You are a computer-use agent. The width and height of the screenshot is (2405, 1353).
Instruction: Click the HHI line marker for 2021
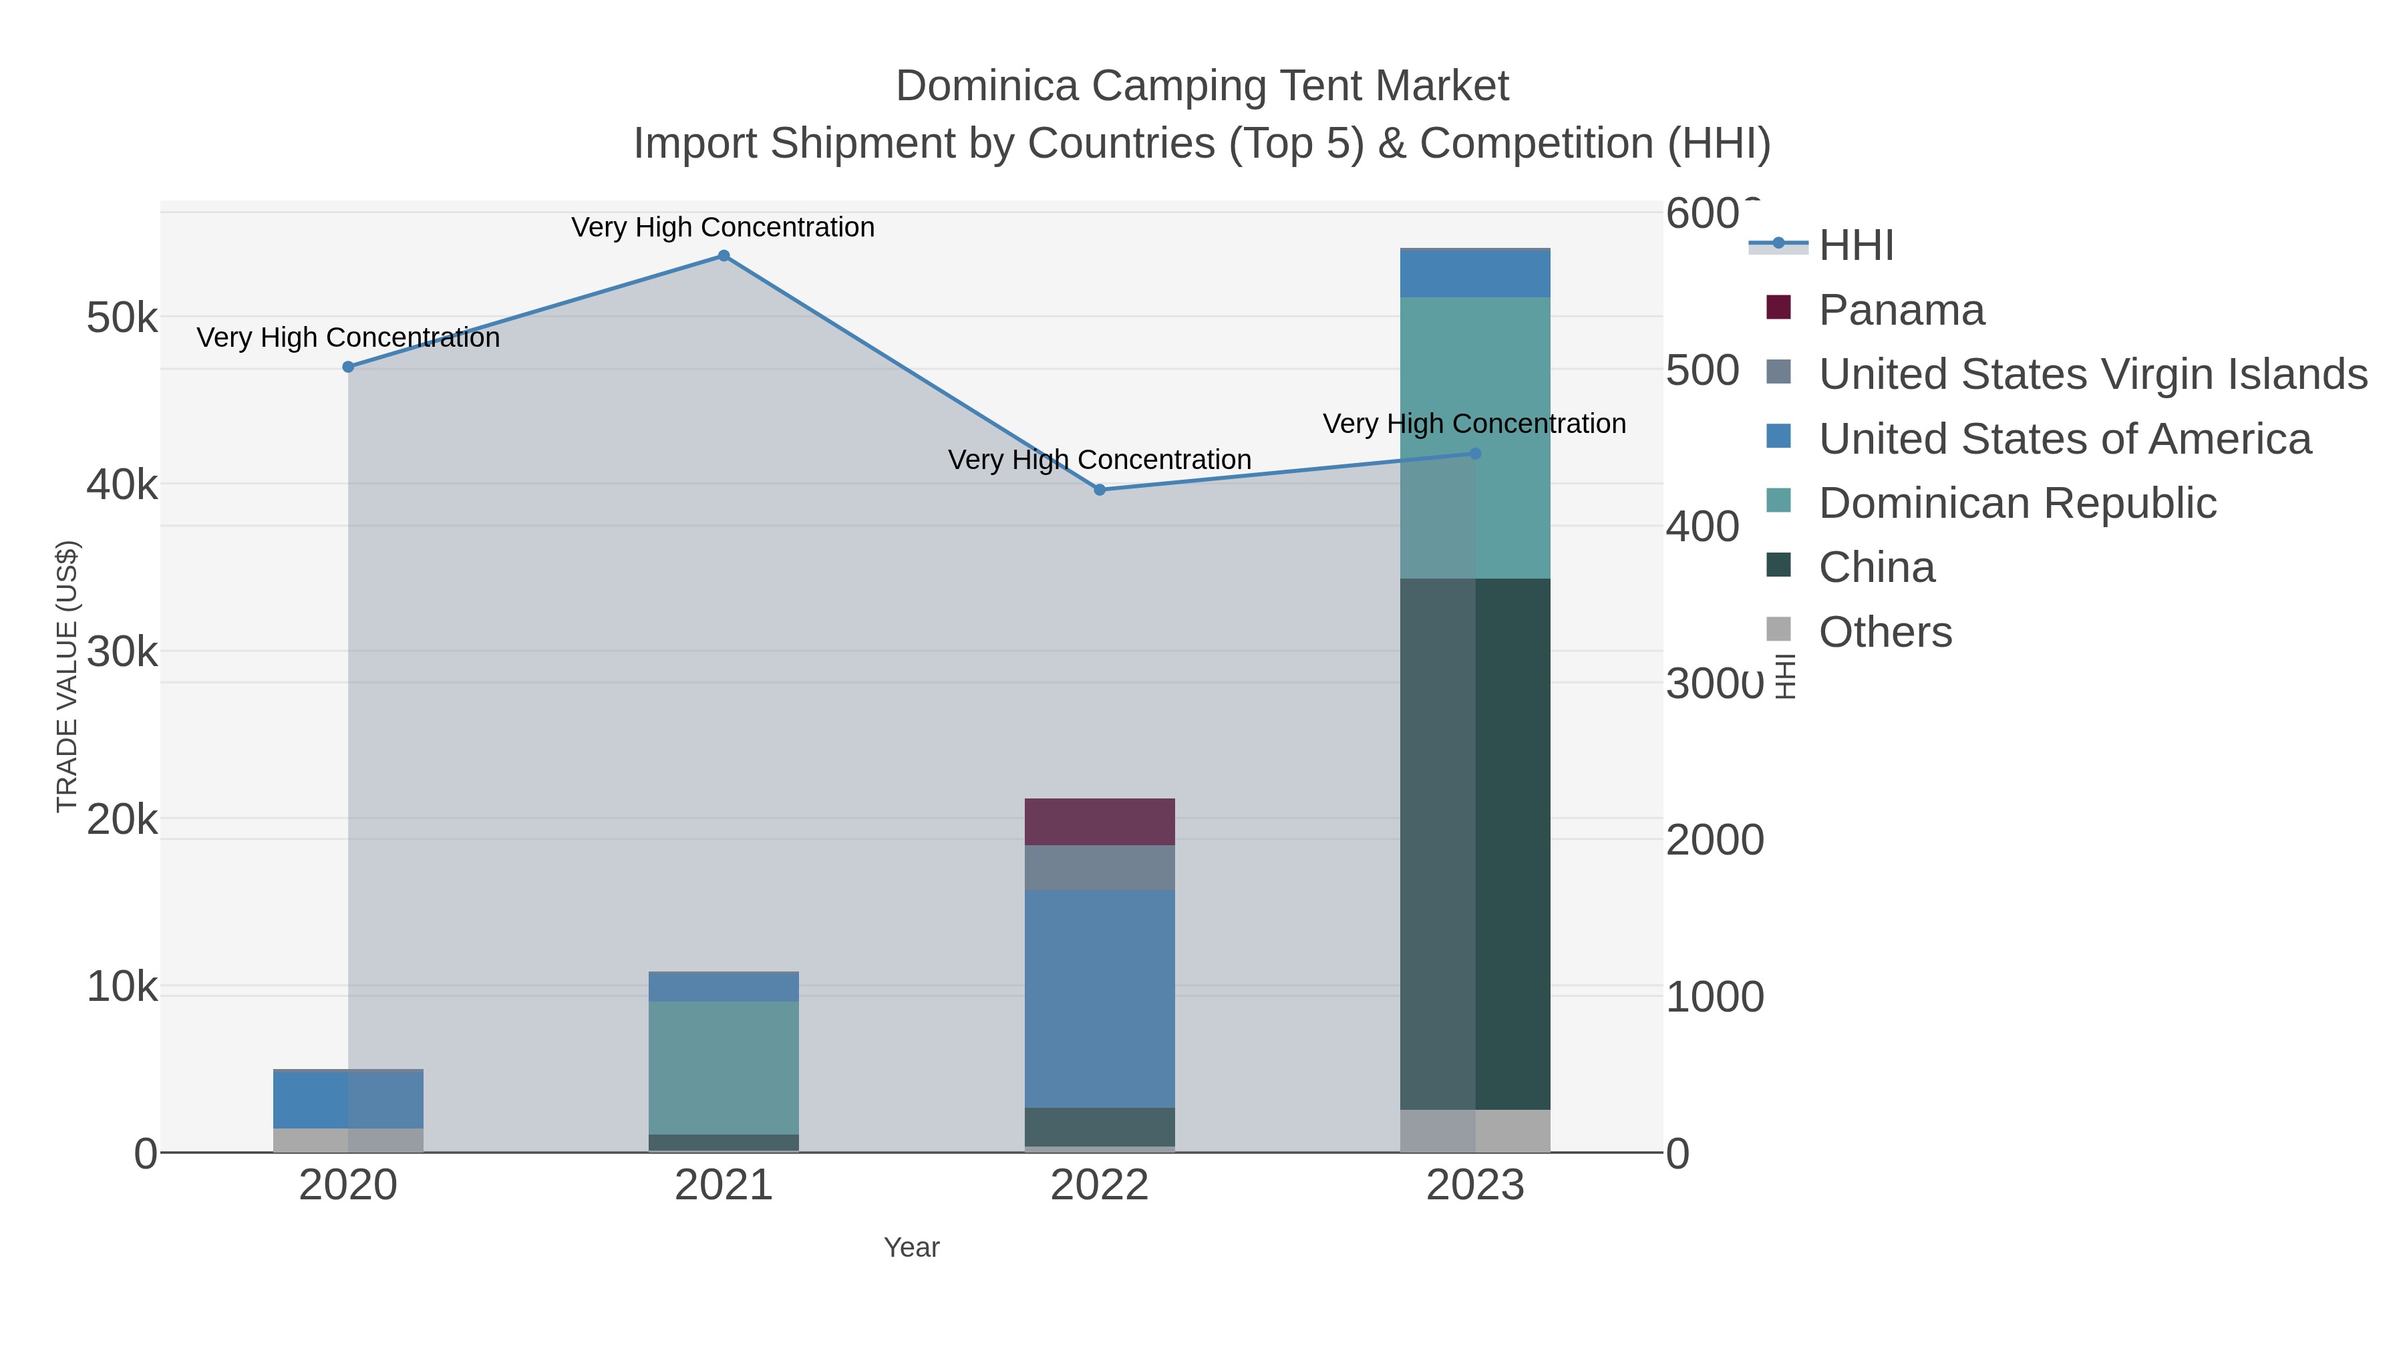724,256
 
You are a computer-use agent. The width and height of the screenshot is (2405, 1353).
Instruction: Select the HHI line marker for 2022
1099,490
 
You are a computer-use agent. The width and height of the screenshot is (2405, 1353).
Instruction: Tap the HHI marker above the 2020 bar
348,367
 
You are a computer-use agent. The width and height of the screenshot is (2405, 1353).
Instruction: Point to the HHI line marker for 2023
1475,454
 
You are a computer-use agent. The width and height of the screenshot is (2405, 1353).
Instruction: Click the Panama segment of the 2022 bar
1099,822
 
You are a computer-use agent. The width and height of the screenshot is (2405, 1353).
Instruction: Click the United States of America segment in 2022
1099,998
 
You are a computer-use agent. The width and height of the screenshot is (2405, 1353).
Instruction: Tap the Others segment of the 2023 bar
1475,1130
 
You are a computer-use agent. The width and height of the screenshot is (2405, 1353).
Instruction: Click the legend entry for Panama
1901,310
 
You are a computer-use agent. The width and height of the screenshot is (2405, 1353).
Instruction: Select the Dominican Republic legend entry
2017,503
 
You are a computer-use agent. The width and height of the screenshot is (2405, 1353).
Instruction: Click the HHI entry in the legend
1855,246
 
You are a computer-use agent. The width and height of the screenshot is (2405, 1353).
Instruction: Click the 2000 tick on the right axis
1714,839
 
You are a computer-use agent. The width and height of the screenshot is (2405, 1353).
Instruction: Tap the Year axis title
911,1247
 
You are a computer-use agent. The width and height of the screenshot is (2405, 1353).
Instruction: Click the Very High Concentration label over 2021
723,227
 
